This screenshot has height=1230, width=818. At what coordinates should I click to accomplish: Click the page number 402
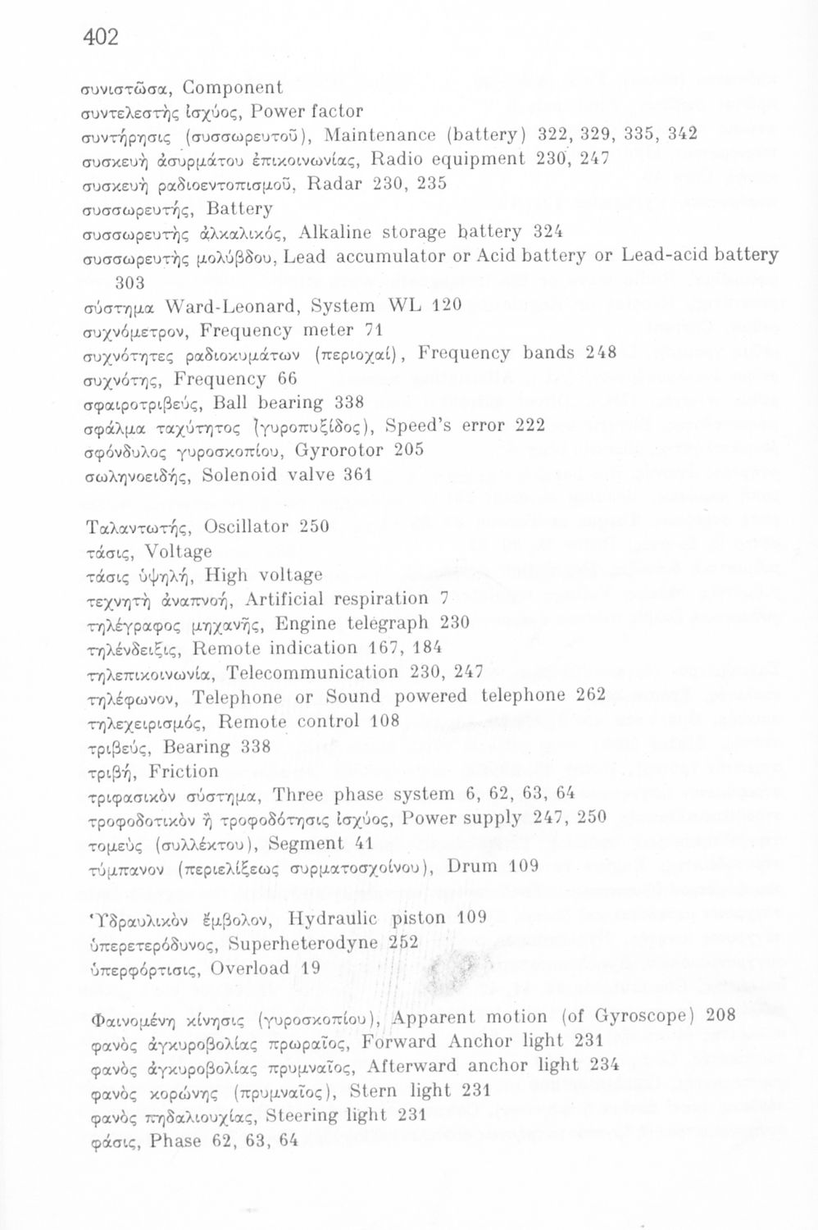101,37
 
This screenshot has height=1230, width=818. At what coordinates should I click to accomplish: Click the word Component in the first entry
233,88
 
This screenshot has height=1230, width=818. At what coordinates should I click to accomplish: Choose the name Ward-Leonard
216,306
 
